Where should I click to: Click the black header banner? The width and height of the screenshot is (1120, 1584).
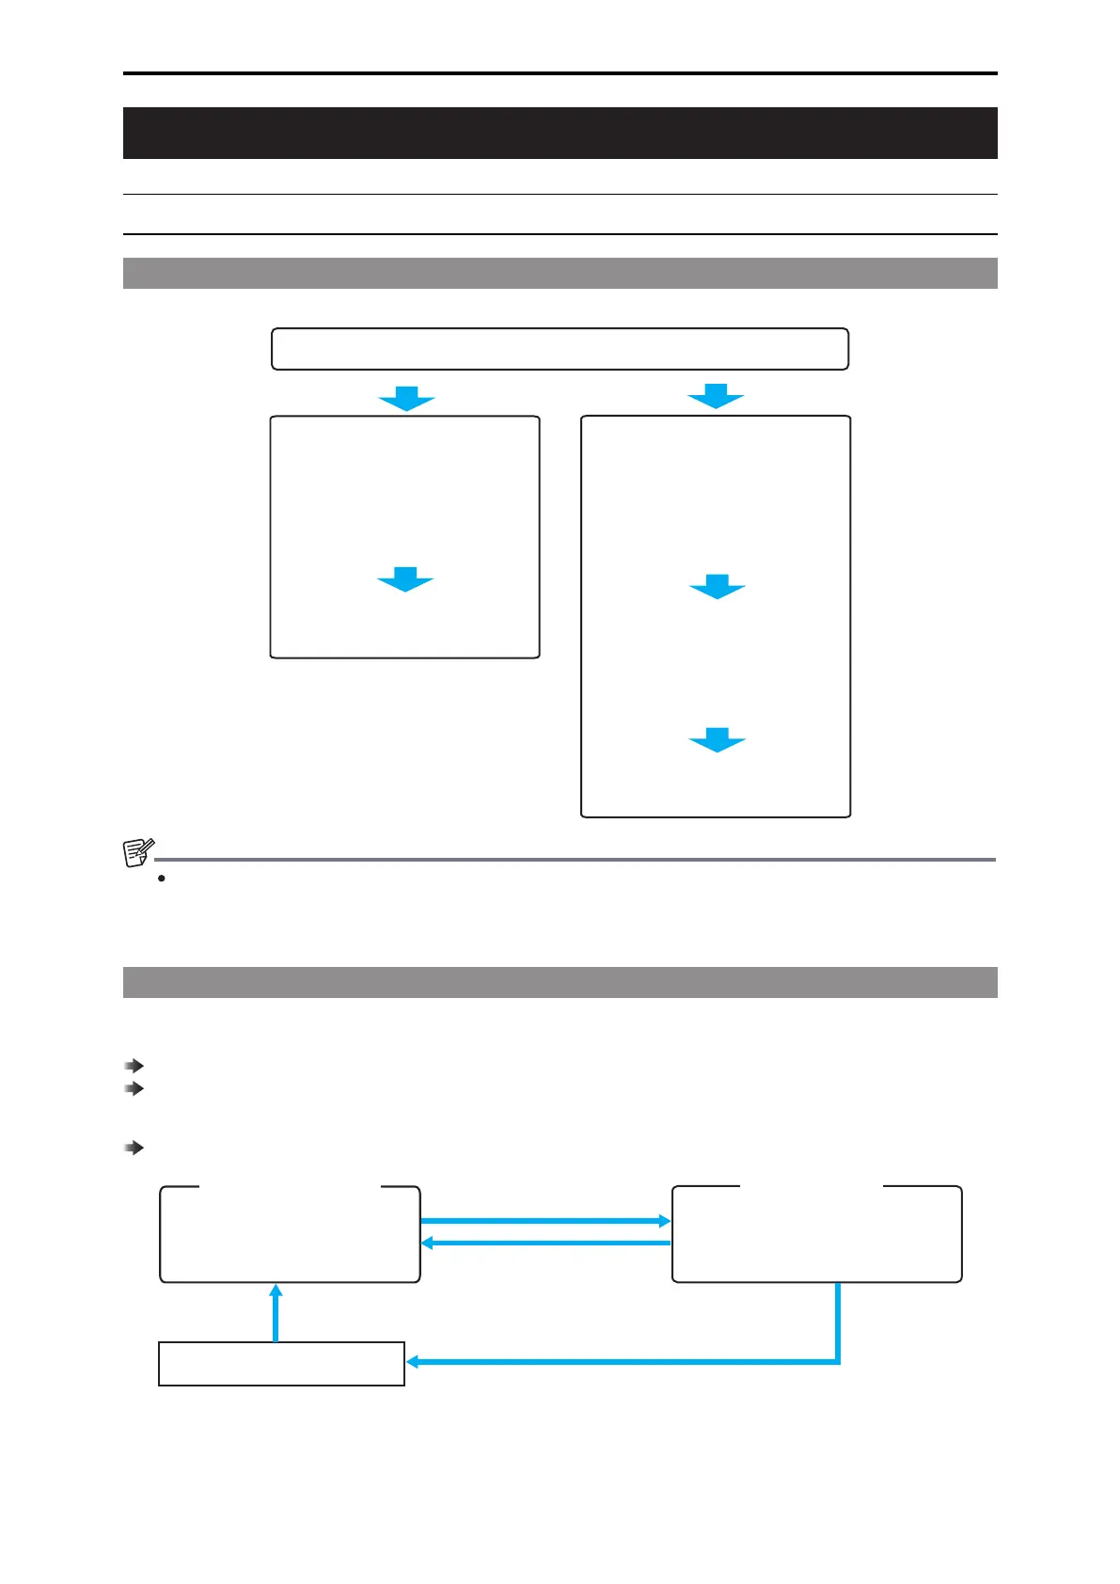click(x=560, y=133)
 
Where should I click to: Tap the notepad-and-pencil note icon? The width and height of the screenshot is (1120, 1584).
click(x=138, y=852)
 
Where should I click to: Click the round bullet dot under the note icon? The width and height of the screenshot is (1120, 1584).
click(x=162, y=879)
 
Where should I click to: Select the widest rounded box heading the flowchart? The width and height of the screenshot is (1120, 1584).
click(x=560, y=349)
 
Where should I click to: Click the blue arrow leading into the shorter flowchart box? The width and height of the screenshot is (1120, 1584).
click(x=406, y=399)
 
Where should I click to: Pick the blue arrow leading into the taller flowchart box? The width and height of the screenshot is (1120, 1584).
click(x=716, y=397)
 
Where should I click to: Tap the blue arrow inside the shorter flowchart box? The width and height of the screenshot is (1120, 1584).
click(x=405, y=579)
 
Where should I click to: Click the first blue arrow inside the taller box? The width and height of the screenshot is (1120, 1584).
click(x=717, y=587)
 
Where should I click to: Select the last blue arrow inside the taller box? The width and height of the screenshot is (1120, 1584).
click(x=717, y=740)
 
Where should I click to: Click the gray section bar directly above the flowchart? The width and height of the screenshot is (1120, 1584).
click(x=560, y=273)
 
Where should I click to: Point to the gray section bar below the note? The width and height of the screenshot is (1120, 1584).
click(x=560, y=982)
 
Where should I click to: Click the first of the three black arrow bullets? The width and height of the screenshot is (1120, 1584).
click(x=134, y=1066)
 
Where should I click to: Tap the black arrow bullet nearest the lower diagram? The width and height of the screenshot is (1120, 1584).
click(x=134, y=1148)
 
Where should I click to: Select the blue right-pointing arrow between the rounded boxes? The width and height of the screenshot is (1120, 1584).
click(x=545, y=1221)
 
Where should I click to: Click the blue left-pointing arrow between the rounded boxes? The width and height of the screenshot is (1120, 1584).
click(x=545, y=1243)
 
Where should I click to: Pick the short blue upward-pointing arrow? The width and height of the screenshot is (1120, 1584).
click(x=276, y=1312)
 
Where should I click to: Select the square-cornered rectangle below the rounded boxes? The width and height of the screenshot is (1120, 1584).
click(x=281, y=1364)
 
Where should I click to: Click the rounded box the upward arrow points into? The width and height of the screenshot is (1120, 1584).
click(x=290, y=1234)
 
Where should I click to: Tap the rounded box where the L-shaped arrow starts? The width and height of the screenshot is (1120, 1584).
click(x=816, y=1234)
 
